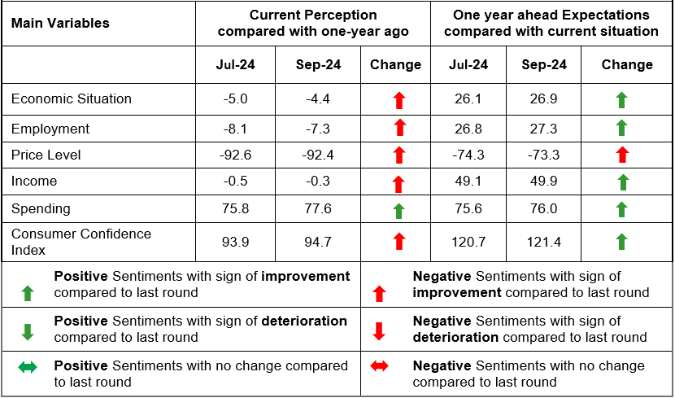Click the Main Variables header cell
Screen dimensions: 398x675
(x=60, y=24)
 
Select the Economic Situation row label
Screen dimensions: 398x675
(x=71, y=99)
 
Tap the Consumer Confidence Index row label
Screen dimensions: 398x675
(x=81, y=241)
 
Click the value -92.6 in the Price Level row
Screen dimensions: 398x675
(x=235, y=155)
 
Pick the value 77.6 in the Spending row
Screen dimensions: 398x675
(x=318, y=208)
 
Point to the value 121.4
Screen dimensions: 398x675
(x=543, y=241)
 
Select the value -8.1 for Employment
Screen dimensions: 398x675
(x=235, y=129)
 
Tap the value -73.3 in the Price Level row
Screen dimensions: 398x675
(x=543, y=155)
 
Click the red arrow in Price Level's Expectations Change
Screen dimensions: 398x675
(x=621, y=155)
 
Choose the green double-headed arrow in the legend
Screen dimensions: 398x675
(x=28, y=367)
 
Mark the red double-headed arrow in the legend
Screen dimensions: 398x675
(x=379, y=367)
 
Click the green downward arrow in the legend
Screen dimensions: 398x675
(x=28, y=330)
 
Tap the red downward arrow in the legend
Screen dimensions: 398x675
(x=379, y=330)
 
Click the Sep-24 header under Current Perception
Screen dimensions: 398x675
(x=318, y=65)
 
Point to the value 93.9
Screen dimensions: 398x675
(x=235, y=241)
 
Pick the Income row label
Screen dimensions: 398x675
(x=34, y=182)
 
